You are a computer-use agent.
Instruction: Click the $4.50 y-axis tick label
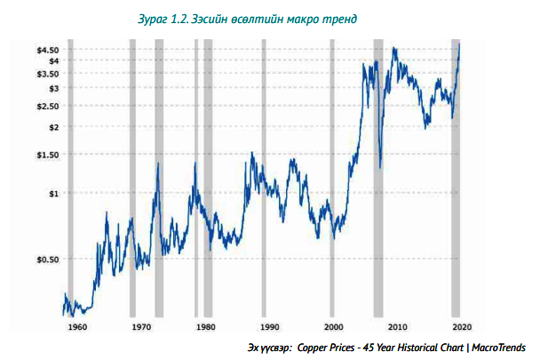47,50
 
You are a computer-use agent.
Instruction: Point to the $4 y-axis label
52,60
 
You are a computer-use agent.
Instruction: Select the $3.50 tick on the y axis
47,74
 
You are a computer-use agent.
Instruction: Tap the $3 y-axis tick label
52,88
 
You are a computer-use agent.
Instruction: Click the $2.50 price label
47,106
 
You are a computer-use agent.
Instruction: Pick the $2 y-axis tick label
52,127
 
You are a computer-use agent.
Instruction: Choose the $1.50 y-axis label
47,155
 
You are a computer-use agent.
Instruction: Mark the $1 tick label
52,193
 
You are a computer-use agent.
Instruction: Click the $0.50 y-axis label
47,260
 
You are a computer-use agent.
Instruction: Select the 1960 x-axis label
77,327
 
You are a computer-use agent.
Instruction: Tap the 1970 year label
141,327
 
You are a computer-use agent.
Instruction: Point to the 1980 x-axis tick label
206,327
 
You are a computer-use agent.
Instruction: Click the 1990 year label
270,327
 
